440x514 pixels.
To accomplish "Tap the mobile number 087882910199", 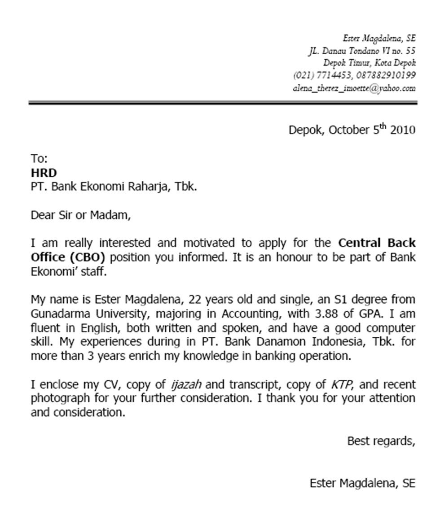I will [x=386, y=75].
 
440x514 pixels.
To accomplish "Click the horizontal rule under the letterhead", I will [x=223, y=103].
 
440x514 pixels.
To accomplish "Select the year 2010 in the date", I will [x=403, y=130].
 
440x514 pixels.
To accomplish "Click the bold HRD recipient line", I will [x=44, y=173].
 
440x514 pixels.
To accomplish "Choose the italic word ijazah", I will [x=186, y=385].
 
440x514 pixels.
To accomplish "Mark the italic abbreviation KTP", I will [x=342, y=385].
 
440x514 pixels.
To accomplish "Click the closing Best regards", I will [x=381, y=441].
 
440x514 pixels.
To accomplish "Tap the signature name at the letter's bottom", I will [x=362, y=483].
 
